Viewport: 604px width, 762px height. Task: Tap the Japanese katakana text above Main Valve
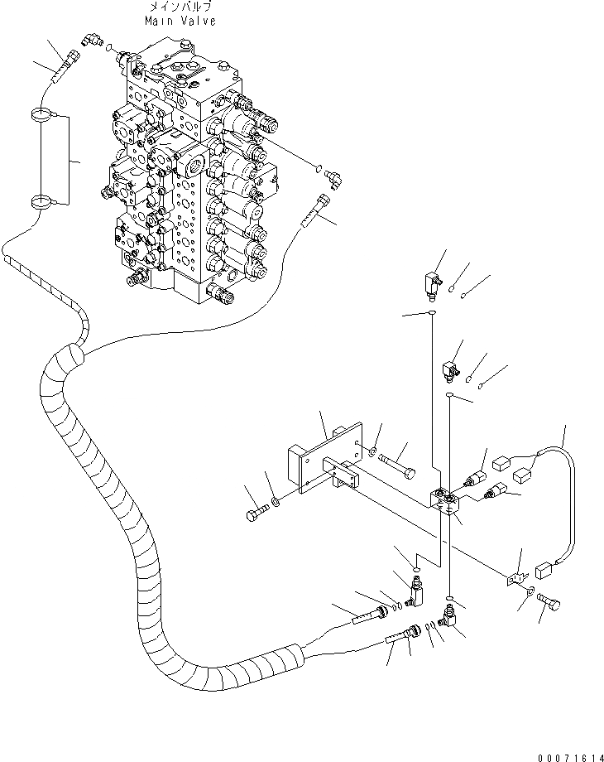tap(180, 7)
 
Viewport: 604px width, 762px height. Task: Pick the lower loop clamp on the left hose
tap(40, 200)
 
